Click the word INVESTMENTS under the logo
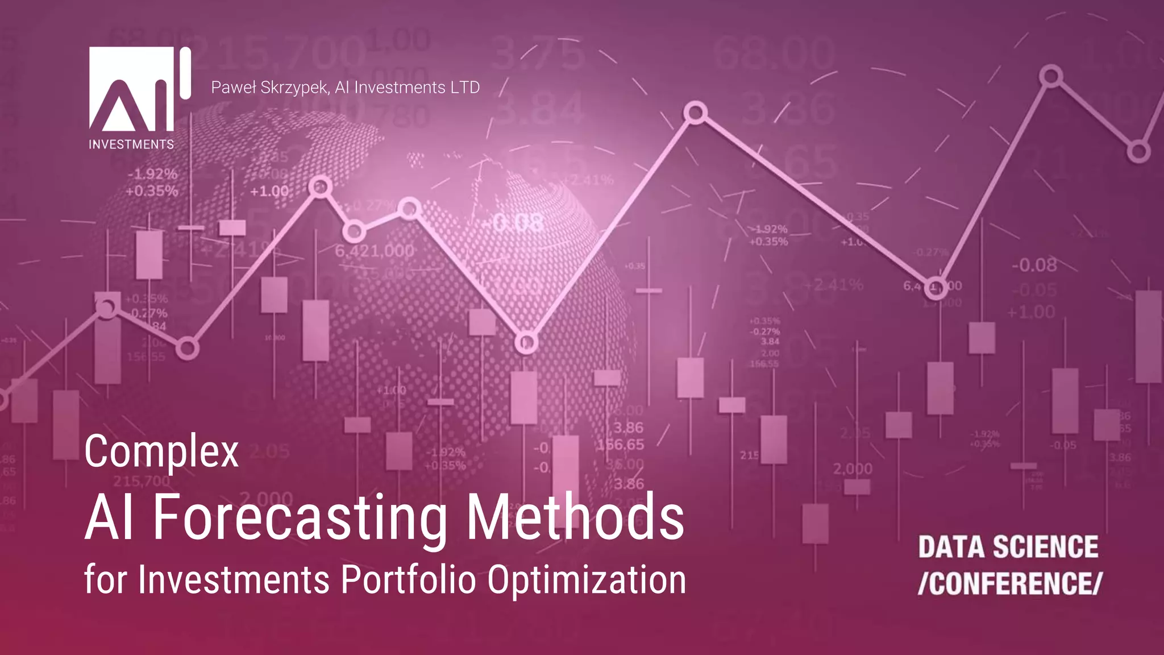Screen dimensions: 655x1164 131,144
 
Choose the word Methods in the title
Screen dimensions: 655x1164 575,517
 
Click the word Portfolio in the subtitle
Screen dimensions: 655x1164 408,580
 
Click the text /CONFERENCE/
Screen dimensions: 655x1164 1009,583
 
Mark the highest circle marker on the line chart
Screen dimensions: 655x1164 1051,76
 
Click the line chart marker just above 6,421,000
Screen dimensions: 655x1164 354,231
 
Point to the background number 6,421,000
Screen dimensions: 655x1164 375,251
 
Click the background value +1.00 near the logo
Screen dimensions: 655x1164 269,191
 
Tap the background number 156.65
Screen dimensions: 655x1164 621,445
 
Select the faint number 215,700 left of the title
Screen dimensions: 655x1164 142,481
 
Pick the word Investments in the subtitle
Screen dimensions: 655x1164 234,580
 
